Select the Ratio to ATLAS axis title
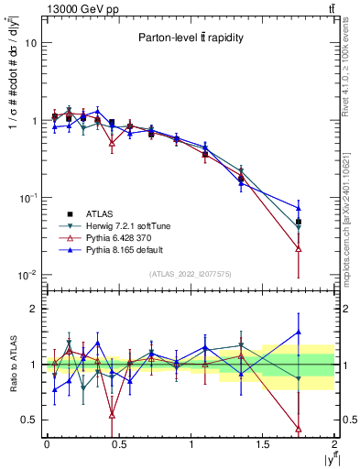[x=13, y=365]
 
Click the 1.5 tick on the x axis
[x=263, y=445]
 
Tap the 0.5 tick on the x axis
[x=118, y=445]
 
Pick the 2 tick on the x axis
[x=334, y=445]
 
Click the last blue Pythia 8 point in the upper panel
[x=299, y=208]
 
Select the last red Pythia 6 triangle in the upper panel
[x=299, y=248]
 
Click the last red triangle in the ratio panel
[x=299, y=429]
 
